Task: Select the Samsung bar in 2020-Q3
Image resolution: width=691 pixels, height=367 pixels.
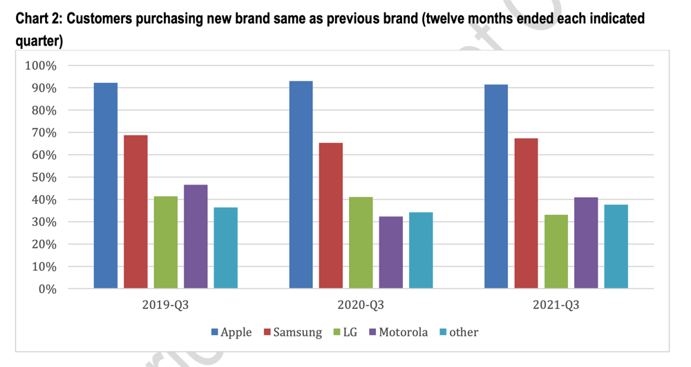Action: (331, 215)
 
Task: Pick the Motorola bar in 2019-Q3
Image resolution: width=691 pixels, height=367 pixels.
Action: (196, 236)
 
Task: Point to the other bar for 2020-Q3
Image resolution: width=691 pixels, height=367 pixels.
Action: (421, 250)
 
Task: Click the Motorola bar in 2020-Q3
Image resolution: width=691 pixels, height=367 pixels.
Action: (391, 252)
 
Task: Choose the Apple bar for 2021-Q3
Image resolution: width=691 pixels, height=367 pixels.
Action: (496, 186)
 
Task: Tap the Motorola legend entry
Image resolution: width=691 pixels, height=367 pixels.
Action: (397, 332)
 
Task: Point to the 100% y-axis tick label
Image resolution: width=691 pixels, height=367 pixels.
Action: (40, 66)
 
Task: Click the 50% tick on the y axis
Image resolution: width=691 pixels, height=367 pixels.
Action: (43, 177)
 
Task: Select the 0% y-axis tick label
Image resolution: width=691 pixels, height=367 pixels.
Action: (46, 288)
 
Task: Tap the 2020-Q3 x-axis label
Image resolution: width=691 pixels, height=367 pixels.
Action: (361, 305)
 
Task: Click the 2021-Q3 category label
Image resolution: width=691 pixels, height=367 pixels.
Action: (556, 305)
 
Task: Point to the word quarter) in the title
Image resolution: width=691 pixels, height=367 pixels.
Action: (39, 42)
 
